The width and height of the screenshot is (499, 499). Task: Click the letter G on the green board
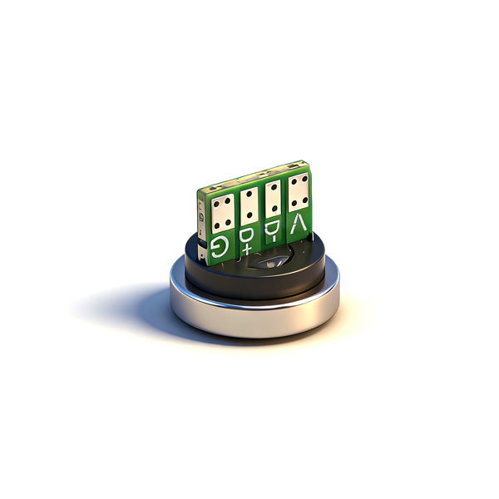click(x=219, y=247)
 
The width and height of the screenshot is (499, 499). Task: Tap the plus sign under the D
click(x=246, y=249)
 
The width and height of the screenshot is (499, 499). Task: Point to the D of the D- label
click(x=270, y=229)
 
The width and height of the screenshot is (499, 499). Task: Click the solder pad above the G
click(x=222, y=213)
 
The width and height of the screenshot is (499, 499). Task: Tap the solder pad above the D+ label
click(x=249, y=206)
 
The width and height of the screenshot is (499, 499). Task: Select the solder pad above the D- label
click(x=273, y=200)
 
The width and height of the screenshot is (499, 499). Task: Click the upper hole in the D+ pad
click(x=249, y=193)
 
